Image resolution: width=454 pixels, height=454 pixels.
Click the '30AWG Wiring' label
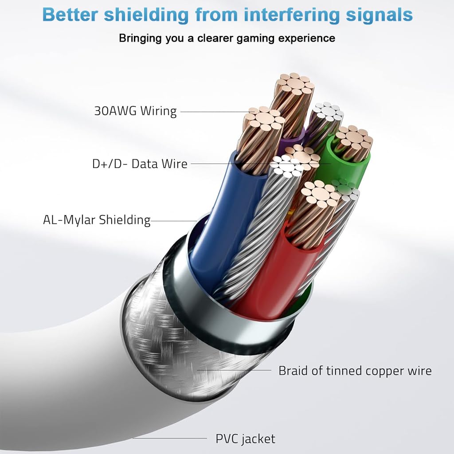pyautogui.click(x=135, y=111)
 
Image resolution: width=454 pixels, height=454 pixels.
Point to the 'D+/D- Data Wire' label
pyautogui.click(x=140, y=164)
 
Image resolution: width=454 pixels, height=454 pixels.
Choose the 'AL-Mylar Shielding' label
pyautogui.click(x=97, y=219)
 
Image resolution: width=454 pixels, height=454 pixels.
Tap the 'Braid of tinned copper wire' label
pyautogui.click(x=355, y=370)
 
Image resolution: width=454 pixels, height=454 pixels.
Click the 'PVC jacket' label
pyautogui.click(x=245, y=439)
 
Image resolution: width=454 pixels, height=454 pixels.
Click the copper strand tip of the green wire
pyautogui.click(x=353, y=137)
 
